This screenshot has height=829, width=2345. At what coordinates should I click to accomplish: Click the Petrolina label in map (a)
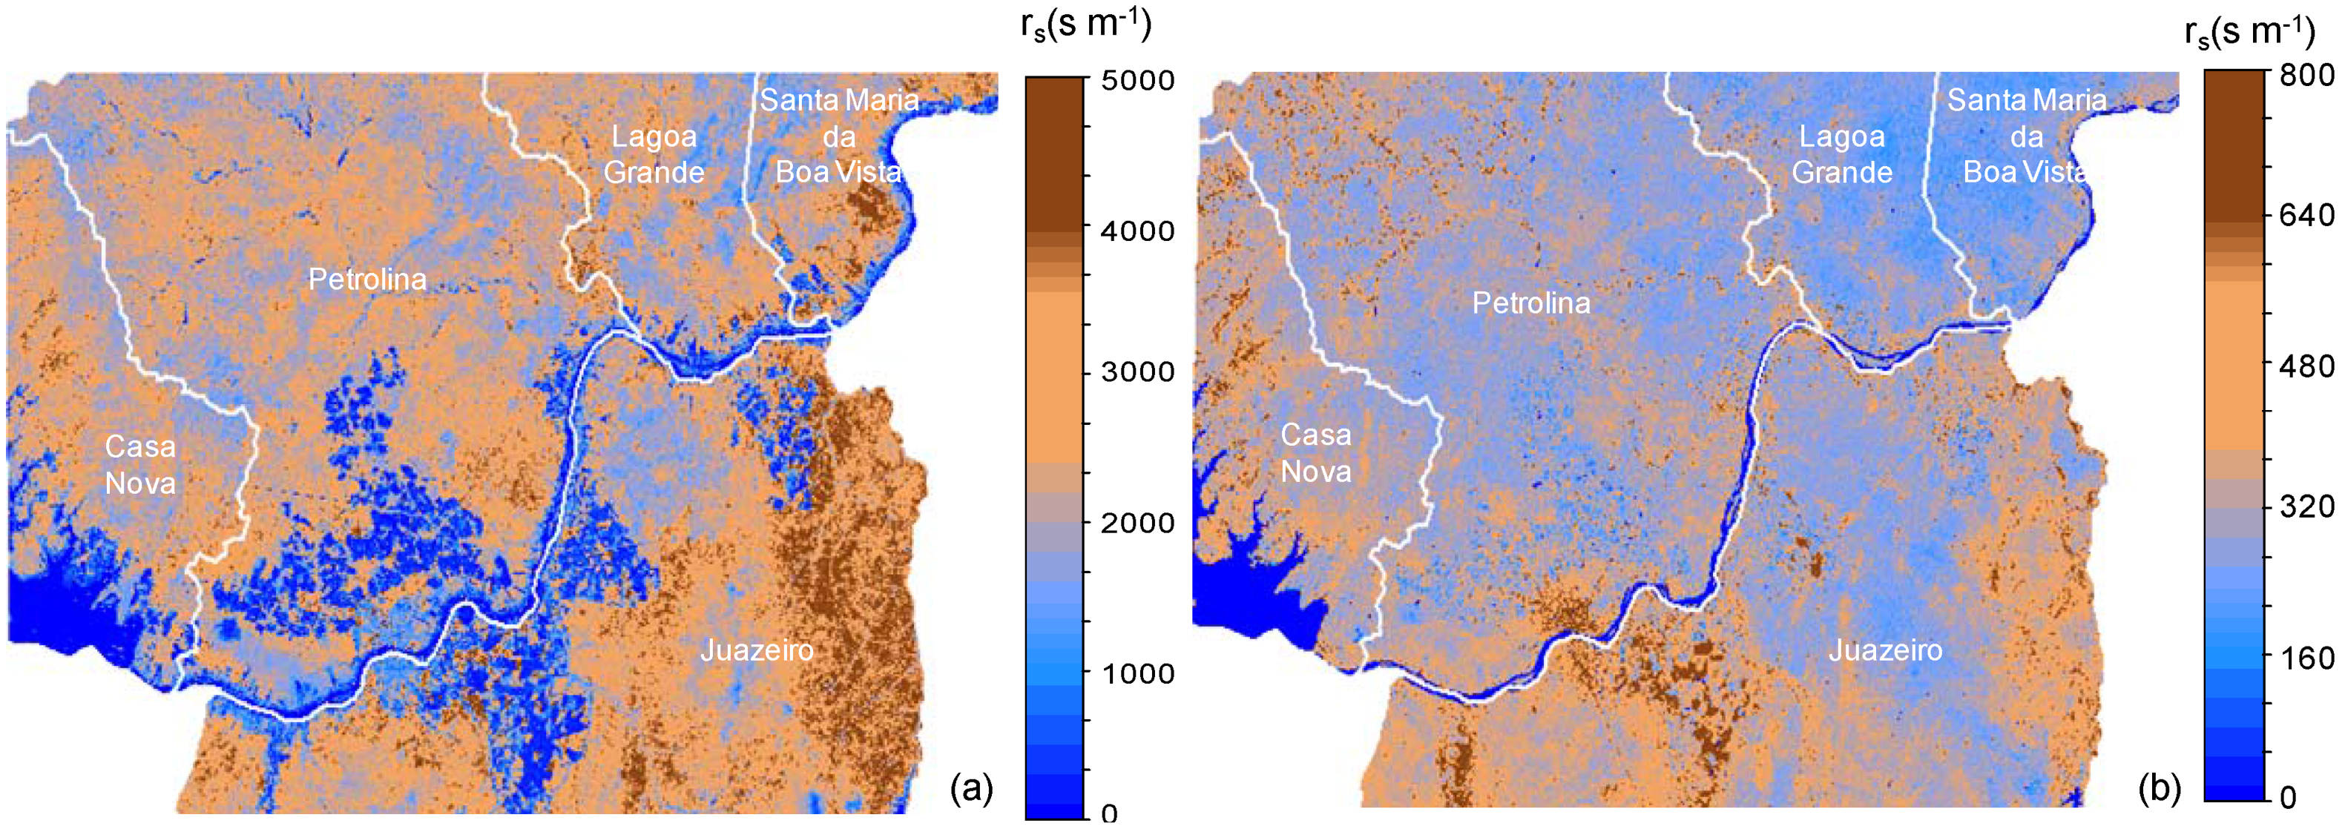tap(367, 280)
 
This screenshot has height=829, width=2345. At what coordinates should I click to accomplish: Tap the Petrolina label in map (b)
tap(1531, 303)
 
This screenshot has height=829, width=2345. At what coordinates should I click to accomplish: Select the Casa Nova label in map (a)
tap(140, 464)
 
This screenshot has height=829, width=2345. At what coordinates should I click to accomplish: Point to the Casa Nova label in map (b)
tap(1315, 453)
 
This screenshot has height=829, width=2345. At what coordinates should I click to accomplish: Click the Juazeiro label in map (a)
tap(757, 650)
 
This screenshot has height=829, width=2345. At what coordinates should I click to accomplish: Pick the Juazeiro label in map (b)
tap(1885, 650)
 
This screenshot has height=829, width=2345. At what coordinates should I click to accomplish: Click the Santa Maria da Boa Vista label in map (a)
tap(838, 136)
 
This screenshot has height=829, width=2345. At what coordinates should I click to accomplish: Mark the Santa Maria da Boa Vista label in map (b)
tap(2027, 136)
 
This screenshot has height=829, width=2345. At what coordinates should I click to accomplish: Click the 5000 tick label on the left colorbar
tap(1137, 80)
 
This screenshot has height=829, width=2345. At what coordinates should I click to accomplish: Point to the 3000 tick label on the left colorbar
tap(1137, 372)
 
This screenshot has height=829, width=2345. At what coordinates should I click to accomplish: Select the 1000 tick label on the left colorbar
tap(1137, 673)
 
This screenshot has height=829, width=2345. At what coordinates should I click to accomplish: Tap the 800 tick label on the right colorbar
tap(2306, 75)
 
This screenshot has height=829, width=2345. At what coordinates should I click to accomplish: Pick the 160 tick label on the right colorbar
tap(2306, 658)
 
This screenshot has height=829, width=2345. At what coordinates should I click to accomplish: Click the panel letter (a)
tap(971, 788)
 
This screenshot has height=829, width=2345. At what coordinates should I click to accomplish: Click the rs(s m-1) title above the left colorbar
tap(1086, 24)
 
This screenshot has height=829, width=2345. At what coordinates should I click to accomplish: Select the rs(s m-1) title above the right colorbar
tap(2249, 31)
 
